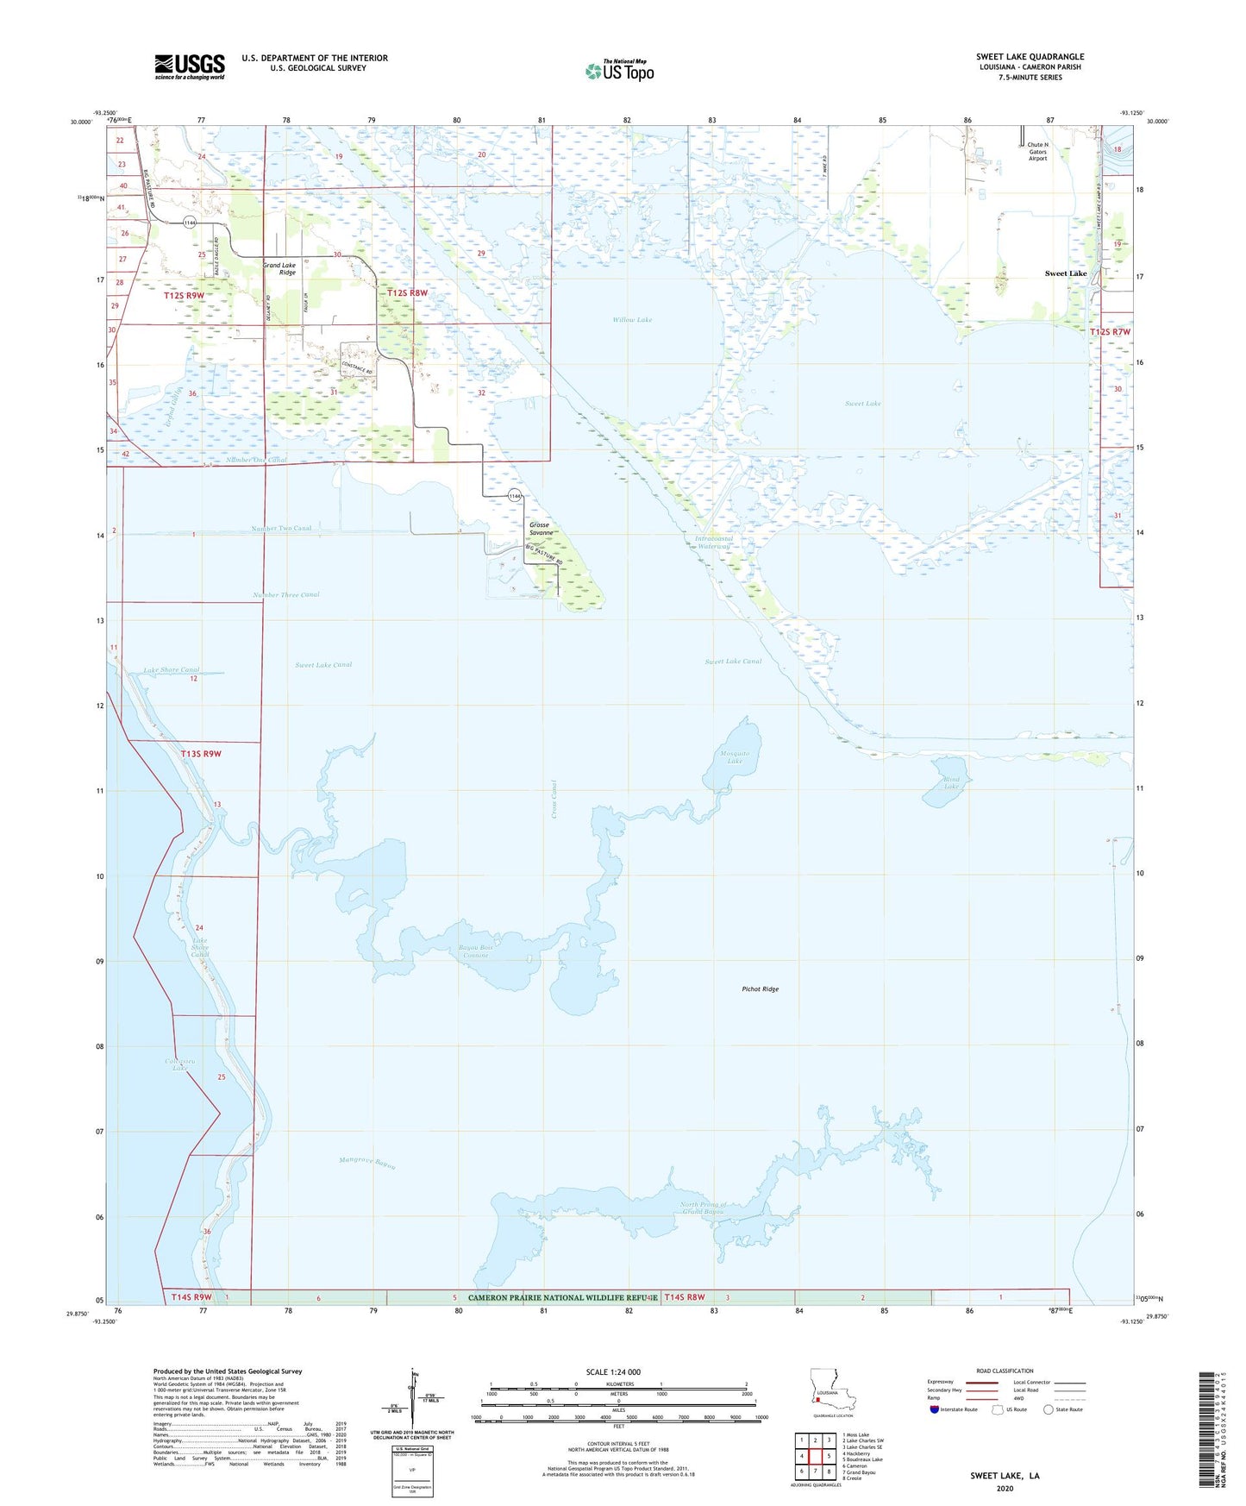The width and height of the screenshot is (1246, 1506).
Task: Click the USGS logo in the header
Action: (x=190, y=66)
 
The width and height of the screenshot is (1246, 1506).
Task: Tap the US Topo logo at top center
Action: (x=619, y=70)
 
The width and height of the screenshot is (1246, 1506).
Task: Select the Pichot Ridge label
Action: (x=760, y=988)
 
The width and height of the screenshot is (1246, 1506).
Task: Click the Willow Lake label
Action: (x=632, y=319)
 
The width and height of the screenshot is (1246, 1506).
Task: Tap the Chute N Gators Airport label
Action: (x=1037, y=151)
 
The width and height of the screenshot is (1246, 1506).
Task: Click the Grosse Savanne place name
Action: (x=541, y=529)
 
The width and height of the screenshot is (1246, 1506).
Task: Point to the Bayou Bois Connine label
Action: (x=476, y=951)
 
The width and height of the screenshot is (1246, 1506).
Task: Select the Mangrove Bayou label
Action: (x=367, y=1163)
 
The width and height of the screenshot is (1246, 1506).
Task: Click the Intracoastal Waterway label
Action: (x=713, y=543)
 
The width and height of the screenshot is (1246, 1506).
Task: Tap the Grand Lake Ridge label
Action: (x=279, y=268)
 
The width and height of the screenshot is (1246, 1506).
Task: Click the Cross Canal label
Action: (x=554, y=800)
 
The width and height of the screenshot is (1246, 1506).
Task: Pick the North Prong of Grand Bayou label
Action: (x=703, y=1208)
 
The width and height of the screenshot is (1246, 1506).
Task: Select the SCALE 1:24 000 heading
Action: (x=613, y=1371)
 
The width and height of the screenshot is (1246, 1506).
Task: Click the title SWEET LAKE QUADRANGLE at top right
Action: (x=1030, y=56)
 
